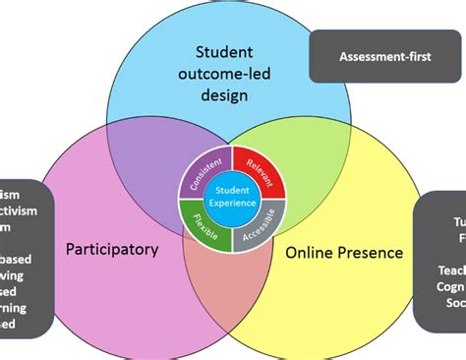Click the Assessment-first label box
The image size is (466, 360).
(x=385, y=56)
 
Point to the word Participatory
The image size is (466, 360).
(x=111, y=250)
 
